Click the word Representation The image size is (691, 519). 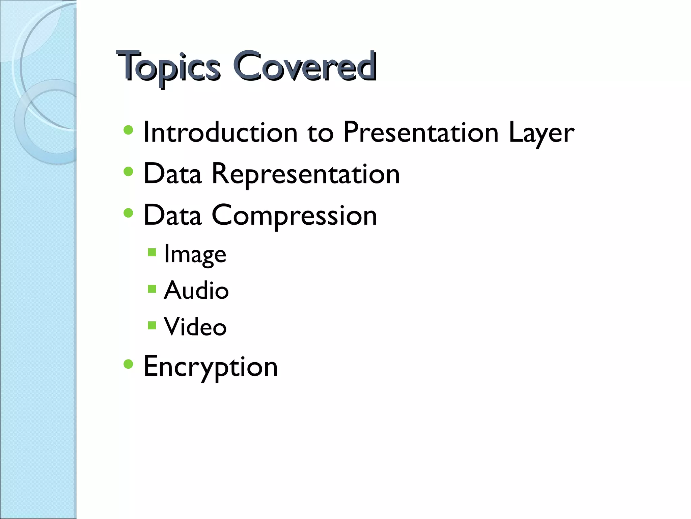(x=305, y=174)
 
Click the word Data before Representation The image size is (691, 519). (x=173, y=174)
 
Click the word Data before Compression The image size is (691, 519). (x=173, y=216)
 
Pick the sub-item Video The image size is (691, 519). (x=195, y=327)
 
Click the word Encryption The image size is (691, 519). (x=211, y=367)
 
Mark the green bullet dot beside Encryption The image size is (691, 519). (x=128, y=364)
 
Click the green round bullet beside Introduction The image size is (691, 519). (x=128, y=130)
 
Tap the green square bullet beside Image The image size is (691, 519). (x=152, y=252)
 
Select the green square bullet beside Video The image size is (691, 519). (x=152, y=325)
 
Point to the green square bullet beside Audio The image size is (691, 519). (x=152, y=289)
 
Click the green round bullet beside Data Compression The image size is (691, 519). (x=128, y=213)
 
